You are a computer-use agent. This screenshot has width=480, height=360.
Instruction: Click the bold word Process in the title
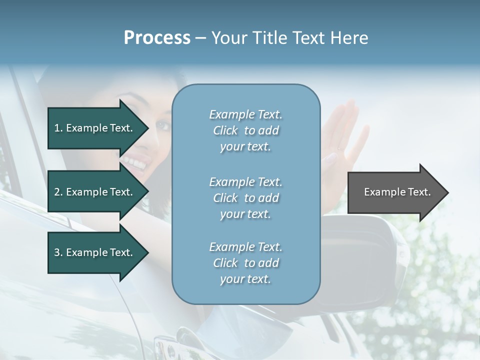click(x=157, y=38)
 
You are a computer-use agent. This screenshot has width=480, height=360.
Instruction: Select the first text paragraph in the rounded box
click(x=245, y=130)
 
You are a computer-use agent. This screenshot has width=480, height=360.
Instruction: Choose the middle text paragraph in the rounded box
click(x=245, y=198)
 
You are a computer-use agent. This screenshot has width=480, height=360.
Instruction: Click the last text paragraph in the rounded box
click(x=245, y=263)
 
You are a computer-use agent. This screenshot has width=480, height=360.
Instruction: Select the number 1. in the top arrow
click(x=58, y=128)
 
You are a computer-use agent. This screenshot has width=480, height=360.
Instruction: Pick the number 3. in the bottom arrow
click(x=58, y=252)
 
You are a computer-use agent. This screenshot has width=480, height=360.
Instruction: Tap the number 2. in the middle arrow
click(x=58, y=192)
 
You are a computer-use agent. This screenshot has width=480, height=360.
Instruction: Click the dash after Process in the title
click(x=201, y=38)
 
